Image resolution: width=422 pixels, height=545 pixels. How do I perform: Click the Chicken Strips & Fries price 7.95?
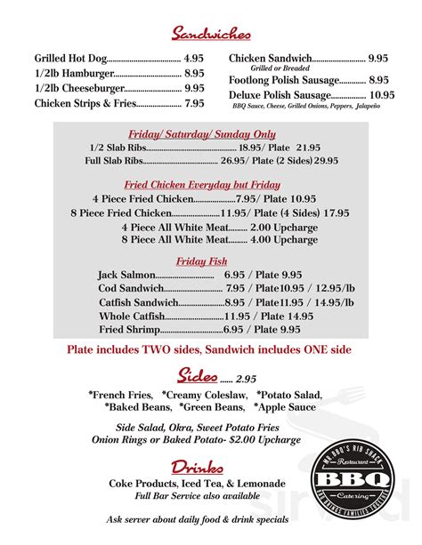tap(194, 103)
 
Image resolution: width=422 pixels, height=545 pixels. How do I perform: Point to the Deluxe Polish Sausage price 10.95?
tap(382, 95)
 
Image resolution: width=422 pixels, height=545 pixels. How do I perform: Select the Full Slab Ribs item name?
tap(113, 161)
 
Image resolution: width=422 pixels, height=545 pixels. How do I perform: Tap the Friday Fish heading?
tap(202, 261)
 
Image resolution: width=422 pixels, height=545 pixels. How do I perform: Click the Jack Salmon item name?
tap(126, 275)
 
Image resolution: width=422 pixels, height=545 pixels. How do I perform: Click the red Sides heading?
tap(197, 374)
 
